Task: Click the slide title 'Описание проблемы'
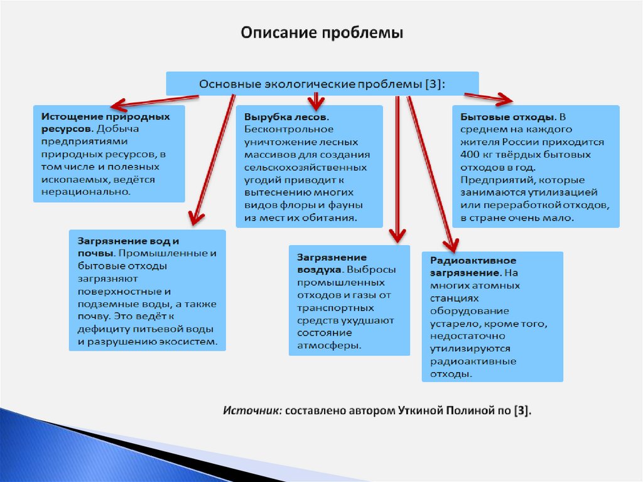pyautogui.click(x=321, y=33)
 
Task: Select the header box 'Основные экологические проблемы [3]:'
pyautogui.click(x=321, y=84)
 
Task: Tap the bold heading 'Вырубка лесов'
pyautogui.click(x=285, y=118)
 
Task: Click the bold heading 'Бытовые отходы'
pyautogui.click(x=507, y=118)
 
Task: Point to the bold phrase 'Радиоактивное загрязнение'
pyautogui.click(x=473, y=266)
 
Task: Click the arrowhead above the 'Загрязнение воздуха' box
pyautogui.click(x=397, y=235)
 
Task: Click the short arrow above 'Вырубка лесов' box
pyautogui.click(x=315, y=100)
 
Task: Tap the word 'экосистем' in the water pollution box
pyautogui.click(x=192, y=342)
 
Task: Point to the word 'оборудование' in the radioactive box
pyautogui.click(x=470, y=311)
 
